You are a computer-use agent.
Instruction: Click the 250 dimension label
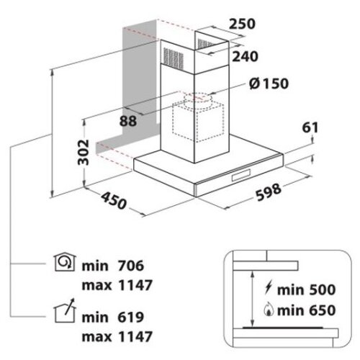242,24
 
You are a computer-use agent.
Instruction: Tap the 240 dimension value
245,57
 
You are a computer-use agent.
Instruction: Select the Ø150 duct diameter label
269,84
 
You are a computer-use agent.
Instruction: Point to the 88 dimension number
128,121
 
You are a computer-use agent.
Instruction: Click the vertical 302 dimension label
84,152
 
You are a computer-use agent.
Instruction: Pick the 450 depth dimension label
113,201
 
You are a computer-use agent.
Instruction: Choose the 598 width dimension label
269,192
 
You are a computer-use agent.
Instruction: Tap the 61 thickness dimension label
310,127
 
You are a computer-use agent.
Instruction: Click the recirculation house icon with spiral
65,263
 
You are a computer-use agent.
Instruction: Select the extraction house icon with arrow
65,311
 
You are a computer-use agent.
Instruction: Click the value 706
131,266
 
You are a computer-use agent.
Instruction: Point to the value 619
131,318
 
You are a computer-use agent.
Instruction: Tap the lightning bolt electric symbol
268,287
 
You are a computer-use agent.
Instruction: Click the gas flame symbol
269,310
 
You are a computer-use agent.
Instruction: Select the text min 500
307,289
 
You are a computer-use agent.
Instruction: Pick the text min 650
307,310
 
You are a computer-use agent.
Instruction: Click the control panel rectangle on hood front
241,175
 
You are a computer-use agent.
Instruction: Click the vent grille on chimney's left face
174,58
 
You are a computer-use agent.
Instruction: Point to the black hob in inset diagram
283,328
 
